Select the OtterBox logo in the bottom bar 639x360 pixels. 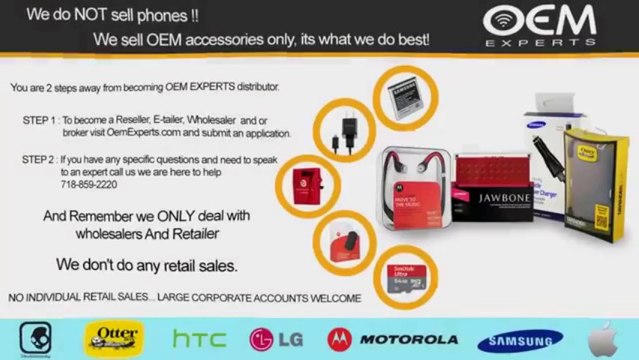[x=114, y=337]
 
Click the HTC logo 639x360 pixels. [x=199, y=338]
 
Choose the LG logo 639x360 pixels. [x=277, y=338]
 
